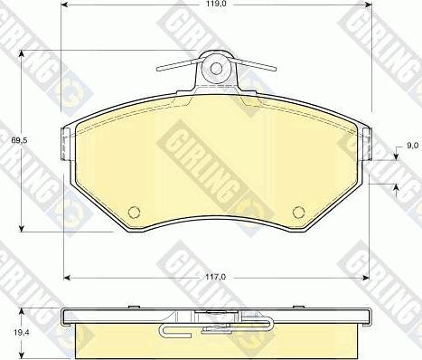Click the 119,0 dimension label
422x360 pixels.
216,4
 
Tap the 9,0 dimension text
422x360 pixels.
412,146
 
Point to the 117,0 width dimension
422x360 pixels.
216,277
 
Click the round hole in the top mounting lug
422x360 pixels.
216,69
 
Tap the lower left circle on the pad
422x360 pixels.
134,212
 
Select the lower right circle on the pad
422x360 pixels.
298,212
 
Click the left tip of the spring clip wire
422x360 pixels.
158,70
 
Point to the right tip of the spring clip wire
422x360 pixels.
275,69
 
